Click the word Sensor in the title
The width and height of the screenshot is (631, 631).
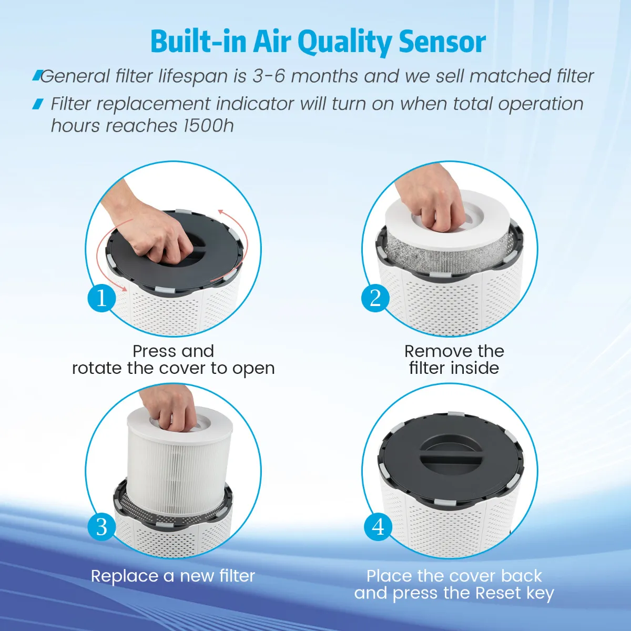tap(442, 42)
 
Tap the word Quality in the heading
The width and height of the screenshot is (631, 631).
tap(344, 43)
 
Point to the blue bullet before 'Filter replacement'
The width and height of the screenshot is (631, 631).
tap(38, 104)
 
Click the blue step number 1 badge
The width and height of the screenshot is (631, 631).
tap(101, 298)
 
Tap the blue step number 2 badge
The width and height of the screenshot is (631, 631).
tap(375, 298)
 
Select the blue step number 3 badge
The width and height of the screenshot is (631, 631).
tap(101, 527)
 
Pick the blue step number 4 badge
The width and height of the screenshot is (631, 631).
tap(378, 527)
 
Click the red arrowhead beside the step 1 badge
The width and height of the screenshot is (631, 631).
tap(123, 288)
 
